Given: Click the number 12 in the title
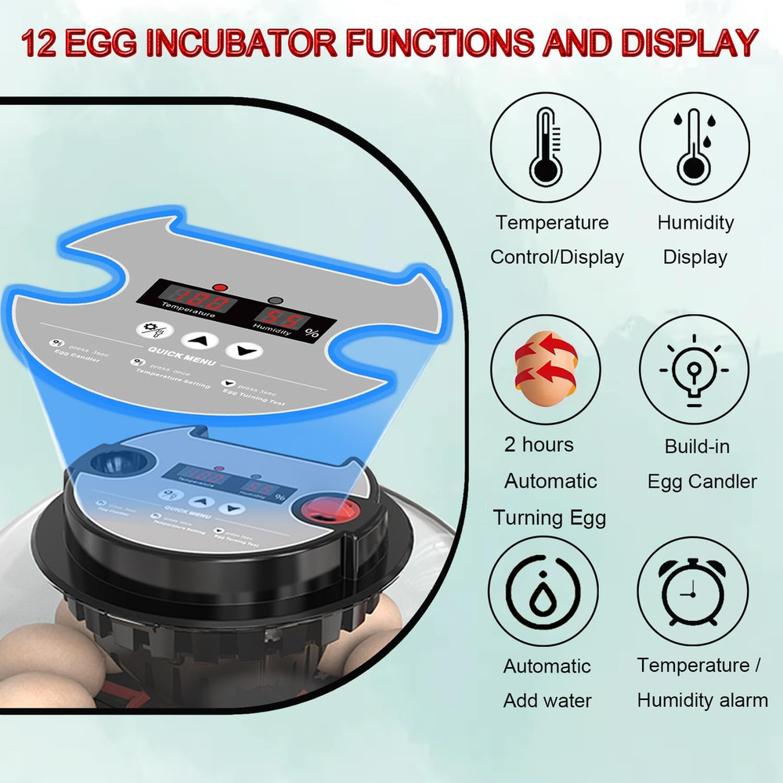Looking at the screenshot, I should click(40, 43).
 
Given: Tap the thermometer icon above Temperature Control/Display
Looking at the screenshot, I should click(546, 146).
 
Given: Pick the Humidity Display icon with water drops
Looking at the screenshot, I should click(694, 146).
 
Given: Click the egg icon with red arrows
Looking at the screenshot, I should click(545, 369).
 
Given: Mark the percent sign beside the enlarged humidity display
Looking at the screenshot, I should click(312, 332).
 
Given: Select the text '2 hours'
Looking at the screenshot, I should click(539, 445).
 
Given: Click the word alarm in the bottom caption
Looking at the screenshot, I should click(738, 700).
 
